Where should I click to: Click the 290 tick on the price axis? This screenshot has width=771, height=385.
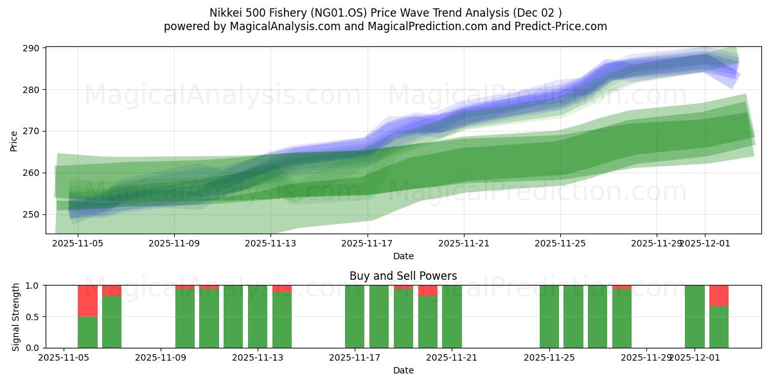pyautogui.click(x=32, y=48)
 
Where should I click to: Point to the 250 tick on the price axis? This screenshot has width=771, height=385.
pyautogui.click(x=32, y=214)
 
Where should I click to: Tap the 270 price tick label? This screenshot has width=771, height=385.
pyautogui.click(x=32, y=131)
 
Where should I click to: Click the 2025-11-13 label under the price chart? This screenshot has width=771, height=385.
pyautogui.click(x=270, y=244)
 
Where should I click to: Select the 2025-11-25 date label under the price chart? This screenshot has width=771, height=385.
pyautogui.click(x=560, y=244)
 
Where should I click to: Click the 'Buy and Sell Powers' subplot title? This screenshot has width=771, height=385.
pyautogui.click(x=403, y=276)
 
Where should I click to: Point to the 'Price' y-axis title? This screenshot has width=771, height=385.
pyautogui.click(x=14, y=140)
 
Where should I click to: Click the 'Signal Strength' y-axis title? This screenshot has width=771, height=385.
pyautogui.click(x=17, y=316)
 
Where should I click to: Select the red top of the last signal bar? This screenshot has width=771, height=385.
pyautogui.click(x=719, y=295)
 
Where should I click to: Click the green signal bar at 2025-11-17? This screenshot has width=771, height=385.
pyautogui.click(x=355, y=317)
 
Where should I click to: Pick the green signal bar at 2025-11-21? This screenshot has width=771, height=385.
pyautogui.click(x=452, y=317)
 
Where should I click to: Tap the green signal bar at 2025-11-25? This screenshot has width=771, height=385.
pyautogui.click(x=549, y=317)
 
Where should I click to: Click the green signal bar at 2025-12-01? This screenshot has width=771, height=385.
pyautogui.click(x=695, y=317)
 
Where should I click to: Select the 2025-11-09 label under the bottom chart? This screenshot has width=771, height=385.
pyautogui.click(x=160, y=358)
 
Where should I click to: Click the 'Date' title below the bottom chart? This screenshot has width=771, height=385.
pyautogui.click(x=403, y=370)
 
